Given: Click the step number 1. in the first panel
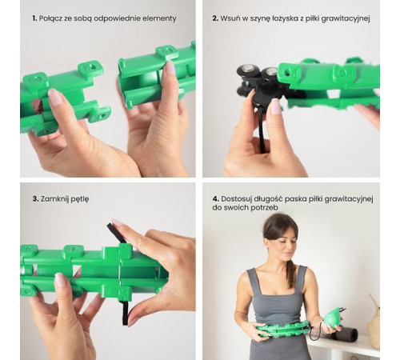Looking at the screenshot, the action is [34, 18].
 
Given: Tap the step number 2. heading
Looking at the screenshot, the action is [215, 18].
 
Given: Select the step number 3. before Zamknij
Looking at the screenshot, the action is [35, 199].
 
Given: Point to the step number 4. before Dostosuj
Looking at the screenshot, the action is [216, 199].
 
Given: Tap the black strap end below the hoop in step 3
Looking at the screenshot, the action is [125, 314].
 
